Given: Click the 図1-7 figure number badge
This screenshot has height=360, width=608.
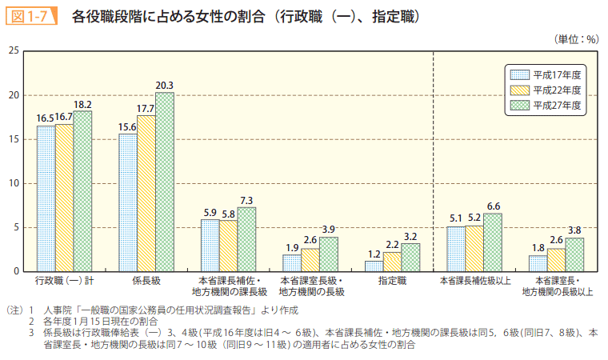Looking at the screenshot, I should (30, 14).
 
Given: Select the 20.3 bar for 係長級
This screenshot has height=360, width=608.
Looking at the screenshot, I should (165, 182).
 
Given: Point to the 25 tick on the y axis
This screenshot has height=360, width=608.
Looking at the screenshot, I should (13, 51).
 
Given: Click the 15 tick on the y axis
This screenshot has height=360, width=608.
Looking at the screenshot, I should (13, 139).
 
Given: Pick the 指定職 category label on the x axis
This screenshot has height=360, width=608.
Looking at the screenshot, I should (391, 282).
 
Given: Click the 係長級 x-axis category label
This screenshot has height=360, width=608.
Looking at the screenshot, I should (146, 282).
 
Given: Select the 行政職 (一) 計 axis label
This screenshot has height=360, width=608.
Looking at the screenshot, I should (64, 282).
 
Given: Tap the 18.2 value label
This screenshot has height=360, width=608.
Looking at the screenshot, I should (83, 104).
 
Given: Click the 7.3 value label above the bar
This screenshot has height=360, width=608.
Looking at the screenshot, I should (247, 200).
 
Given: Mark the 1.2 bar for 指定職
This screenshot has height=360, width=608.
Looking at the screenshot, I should (373, 266).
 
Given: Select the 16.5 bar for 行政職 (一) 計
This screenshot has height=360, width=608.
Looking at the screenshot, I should (46, 198).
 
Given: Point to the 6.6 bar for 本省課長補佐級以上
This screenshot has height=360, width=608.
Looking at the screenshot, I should (493, 242).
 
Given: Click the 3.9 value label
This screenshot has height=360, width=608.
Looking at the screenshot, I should (329, 230).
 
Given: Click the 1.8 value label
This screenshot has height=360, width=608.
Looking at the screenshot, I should (538, 248).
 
